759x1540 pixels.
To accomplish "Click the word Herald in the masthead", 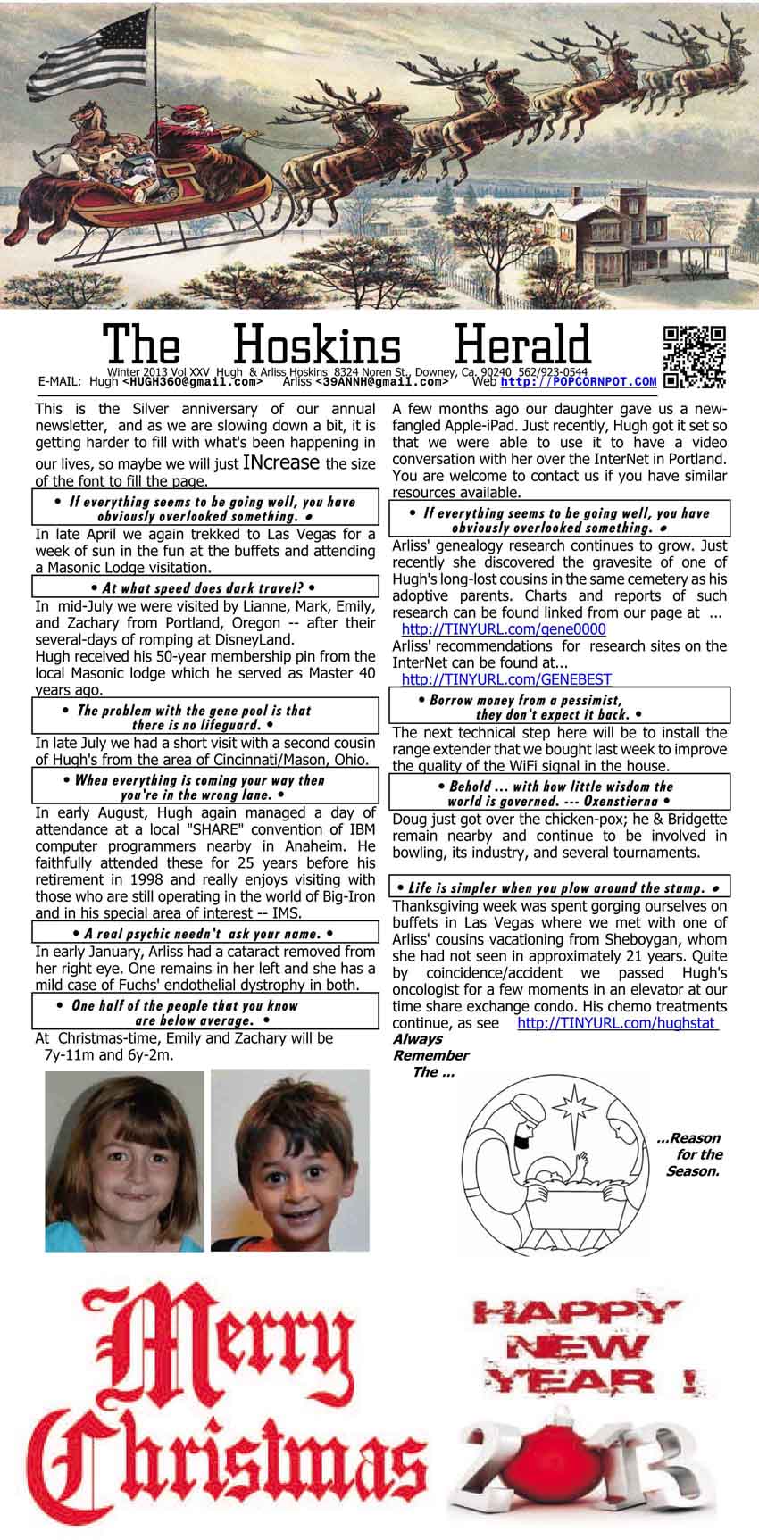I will pos(523,347).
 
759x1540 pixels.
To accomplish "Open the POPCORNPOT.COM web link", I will pos(578,381).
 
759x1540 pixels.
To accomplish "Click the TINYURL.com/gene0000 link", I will pos(504,629).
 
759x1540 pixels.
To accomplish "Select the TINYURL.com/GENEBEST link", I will pos(506,679).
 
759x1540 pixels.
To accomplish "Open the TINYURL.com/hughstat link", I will pos(618,1023).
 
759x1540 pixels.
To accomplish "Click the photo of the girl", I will pos(124,1161).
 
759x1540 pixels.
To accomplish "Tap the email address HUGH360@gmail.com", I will pos(192,381).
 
